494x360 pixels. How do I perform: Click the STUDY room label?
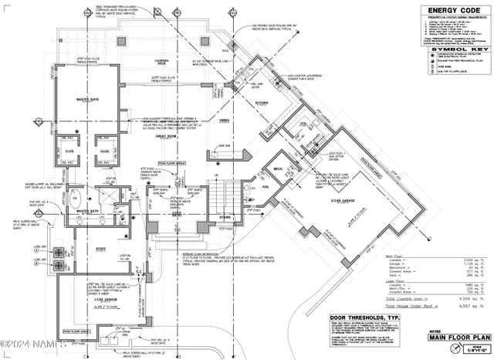click(x=100, y=248)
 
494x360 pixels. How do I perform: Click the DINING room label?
click(x=224, y=121)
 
